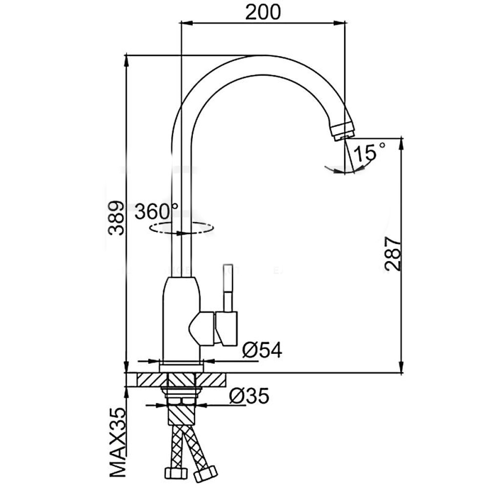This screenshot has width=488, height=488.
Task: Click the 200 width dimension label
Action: pos(263,13)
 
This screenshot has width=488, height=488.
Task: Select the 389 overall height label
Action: pos(116,218)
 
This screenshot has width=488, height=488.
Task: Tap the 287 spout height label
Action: pos(393,253)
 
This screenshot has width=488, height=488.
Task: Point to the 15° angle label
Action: pos(369,152)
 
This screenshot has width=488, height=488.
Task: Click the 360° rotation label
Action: pos(157,211)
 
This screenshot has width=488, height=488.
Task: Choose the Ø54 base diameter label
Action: pos(262,350)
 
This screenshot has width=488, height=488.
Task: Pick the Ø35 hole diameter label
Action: pos(249,396)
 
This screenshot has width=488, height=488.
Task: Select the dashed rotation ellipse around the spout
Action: pos(182,228)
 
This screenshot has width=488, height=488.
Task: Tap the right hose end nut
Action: pos(205,473)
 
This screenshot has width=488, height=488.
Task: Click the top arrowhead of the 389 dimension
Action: pos(126,61)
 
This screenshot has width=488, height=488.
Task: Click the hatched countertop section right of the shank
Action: pos(211,380)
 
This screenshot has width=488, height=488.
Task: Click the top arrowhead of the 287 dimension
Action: pos(402,144)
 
